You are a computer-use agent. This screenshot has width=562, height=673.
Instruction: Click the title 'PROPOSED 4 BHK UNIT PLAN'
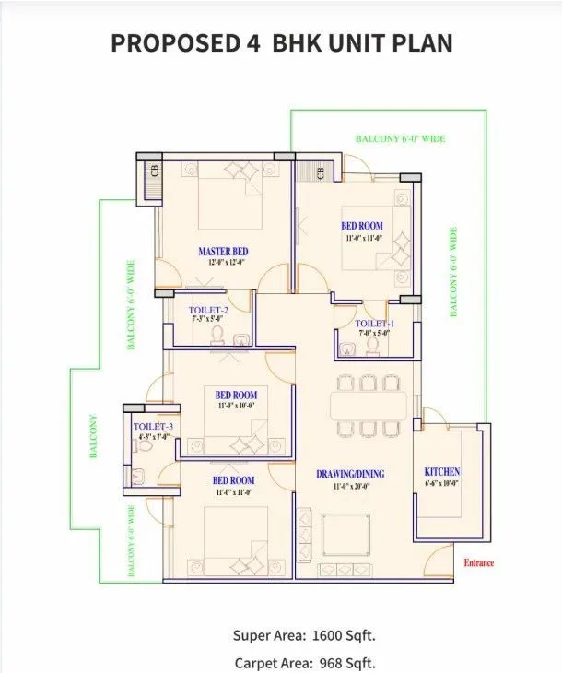coord(281,43)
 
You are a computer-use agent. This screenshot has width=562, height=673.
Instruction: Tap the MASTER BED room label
coord(223,251)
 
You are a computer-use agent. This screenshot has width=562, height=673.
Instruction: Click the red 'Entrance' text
coord(478,562)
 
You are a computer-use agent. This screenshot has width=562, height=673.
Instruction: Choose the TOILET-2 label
coord(208,310)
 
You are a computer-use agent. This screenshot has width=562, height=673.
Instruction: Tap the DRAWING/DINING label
coord(351,474)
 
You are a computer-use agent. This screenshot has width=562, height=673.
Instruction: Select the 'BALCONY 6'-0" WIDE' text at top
coord(400,138)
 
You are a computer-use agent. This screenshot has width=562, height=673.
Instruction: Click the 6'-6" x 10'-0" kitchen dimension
coord(441,482)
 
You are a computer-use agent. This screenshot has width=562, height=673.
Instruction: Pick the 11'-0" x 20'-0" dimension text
coord(350,486)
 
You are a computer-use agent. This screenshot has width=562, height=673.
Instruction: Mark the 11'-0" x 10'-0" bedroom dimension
coord(237,406)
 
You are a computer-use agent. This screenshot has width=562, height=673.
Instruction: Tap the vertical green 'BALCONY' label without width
coord(92,438)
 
